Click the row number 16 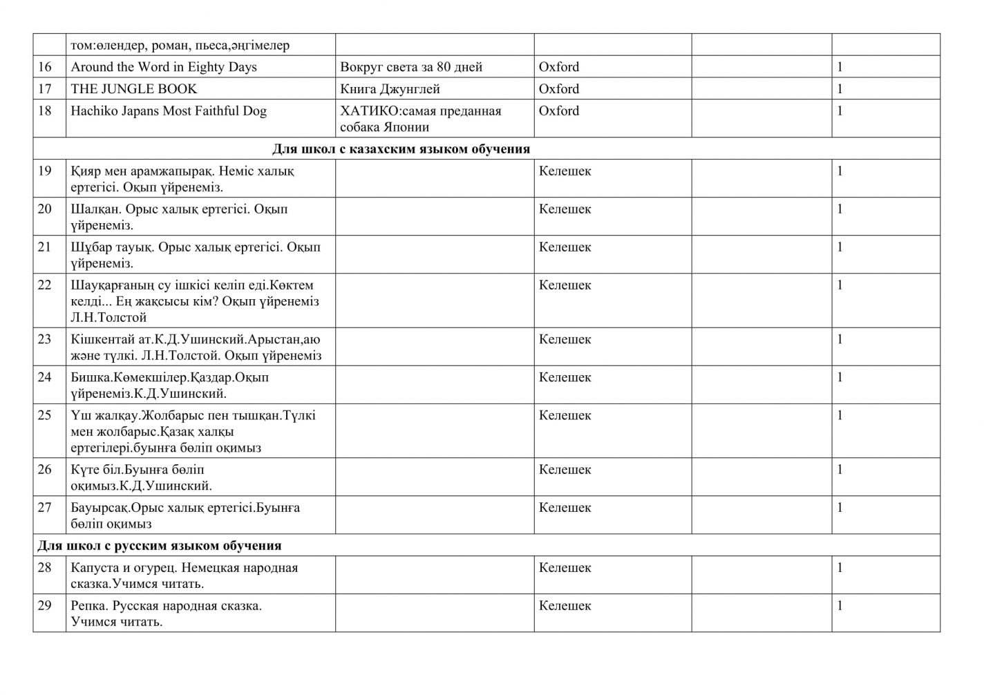[45, 67]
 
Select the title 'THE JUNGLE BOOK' [133, 89]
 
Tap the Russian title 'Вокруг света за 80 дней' [411, 67]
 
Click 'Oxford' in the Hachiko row [559, 111]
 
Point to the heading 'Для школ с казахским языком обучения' [401, 149]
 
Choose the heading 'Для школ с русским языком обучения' [160, 546]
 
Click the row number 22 [45, 285]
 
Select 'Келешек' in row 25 [565, 415]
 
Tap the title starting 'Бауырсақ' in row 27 [185, 515]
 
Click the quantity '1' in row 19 [840, 171]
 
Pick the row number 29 [45, 606]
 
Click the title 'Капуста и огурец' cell [184, 575]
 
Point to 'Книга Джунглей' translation [390, 89]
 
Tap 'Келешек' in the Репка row [565, 606]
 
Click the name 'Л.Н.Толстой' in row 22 [108, 318]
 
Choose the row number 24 [45, 377]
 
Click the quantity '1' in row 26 [840, 470]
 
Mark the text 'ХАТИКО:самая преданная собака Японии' [420, 119]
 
